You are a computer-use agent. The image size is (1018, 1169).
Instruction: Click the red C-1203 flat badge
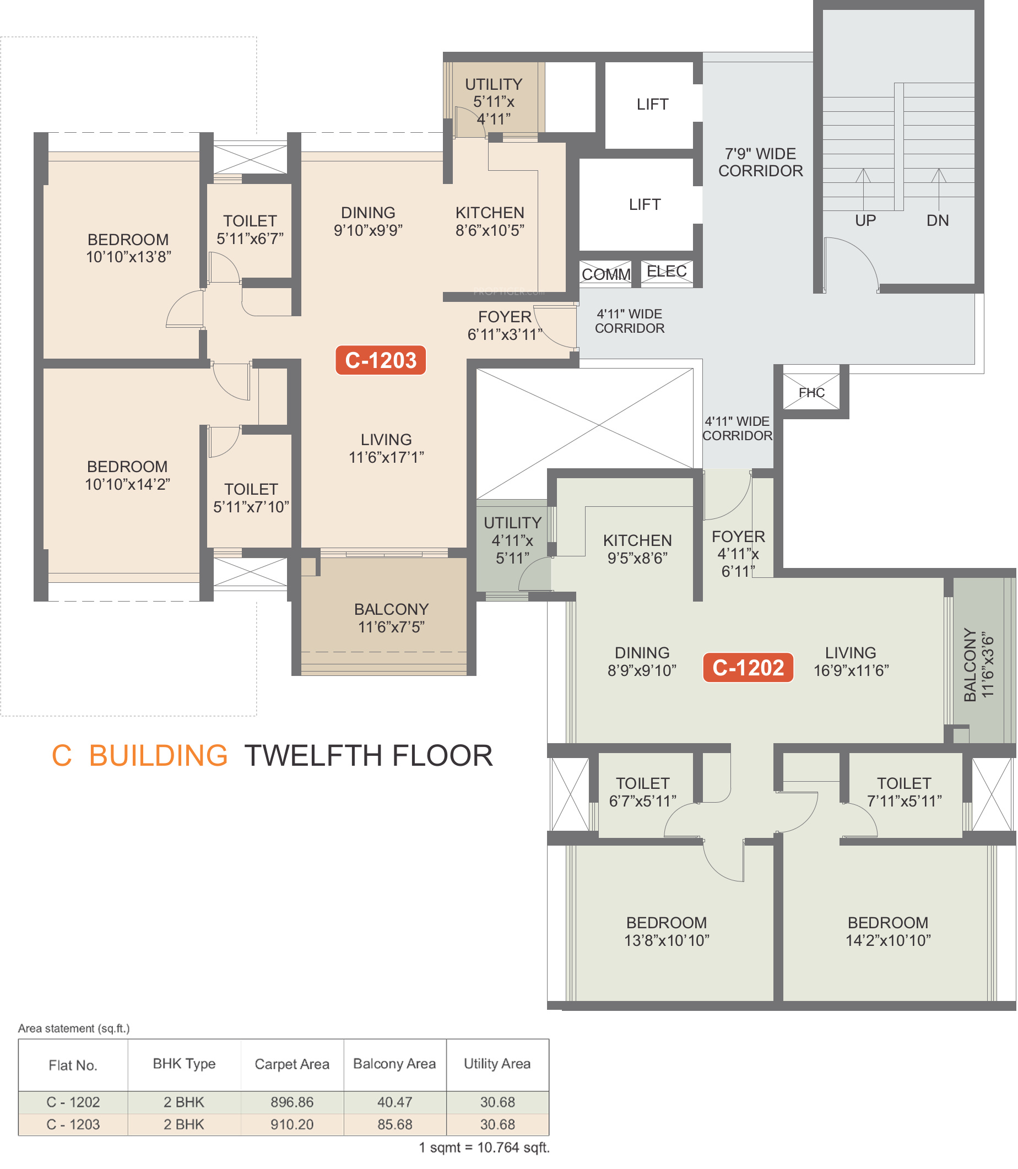[381, 360]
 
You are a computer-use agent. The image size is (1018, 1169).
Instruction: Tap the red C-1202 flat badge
[748, 668]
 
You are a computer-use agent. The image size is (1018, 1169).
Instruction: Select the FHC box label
[811, 392]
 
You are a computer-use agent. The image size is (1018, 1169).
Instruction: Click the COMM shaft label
[606, 275]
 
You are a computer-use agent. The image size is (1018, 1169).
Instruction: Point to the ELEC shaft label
[667, 272]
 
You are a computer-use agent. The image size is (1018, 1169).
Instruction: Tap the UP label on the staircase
[865, 221]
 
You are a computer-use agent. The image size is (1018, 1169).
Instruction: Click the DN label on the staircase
[938, 221]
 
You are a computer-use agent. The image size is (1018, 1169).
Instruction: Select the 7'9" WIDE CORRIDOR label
[760, 163]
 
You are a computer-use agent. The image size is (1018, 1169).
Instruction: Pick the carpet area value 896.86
[292, 1102]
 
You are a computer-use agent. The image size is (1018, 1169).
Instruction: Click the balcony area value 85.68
[395, 1124]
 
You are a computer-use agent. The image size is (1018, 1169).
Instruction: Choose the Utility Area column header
[497, 1063]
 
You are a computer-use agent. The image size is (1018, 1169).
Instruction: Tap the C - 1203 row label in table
[73, 1124]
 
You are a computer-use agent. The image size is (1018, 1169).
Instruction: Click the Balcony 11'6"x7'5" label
[392, 618]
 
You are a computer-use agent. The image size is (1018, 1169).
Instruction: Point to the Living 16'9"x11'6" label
[851, 662]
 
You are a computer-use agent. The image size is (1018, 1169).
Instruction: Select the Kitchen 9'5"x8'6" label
[637, 549]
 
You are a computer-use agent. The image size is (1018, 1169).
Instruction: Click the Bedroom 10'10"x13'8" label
[128, 248]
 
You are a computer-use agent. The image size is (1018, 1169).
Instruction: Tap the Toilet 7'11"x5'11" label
[905, 792]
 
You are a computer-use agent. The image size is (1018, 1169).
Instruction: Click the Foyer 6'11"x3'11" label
[505, 326]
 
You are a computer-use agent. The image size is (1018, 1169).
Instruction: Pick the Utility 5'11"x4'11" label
[494, 102]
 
